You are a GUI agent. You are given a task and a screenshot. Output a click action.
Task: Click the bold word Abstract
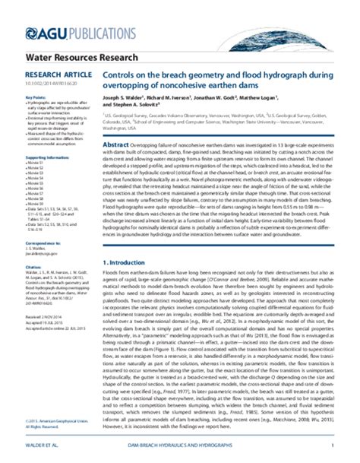coord(114,144)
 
